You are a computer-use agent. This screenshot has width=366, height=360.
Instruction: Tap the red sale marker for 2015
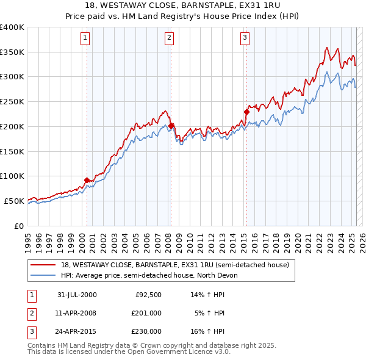click(247, 112)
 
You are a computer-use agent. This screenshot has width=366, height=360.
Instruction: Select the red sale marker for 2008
click(171, 126)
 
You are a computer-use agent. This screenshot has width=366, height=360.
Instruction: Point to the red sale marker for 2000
click(87, 180)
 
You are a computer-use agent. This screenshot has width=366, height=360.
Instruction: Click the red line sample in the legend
click(44, 265)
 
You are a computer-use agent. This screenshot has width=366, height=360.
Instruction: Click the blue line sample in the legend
click(44, 275)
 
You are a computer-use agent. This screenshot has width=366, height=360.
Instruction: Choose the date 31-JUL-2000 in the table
click(77, 295)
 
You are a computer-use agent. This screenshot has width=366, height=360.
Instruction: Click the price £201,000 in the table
click(146, 313)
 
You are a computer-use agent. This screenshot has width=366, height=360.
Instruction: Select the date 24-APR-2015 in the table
click(77, 331)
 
